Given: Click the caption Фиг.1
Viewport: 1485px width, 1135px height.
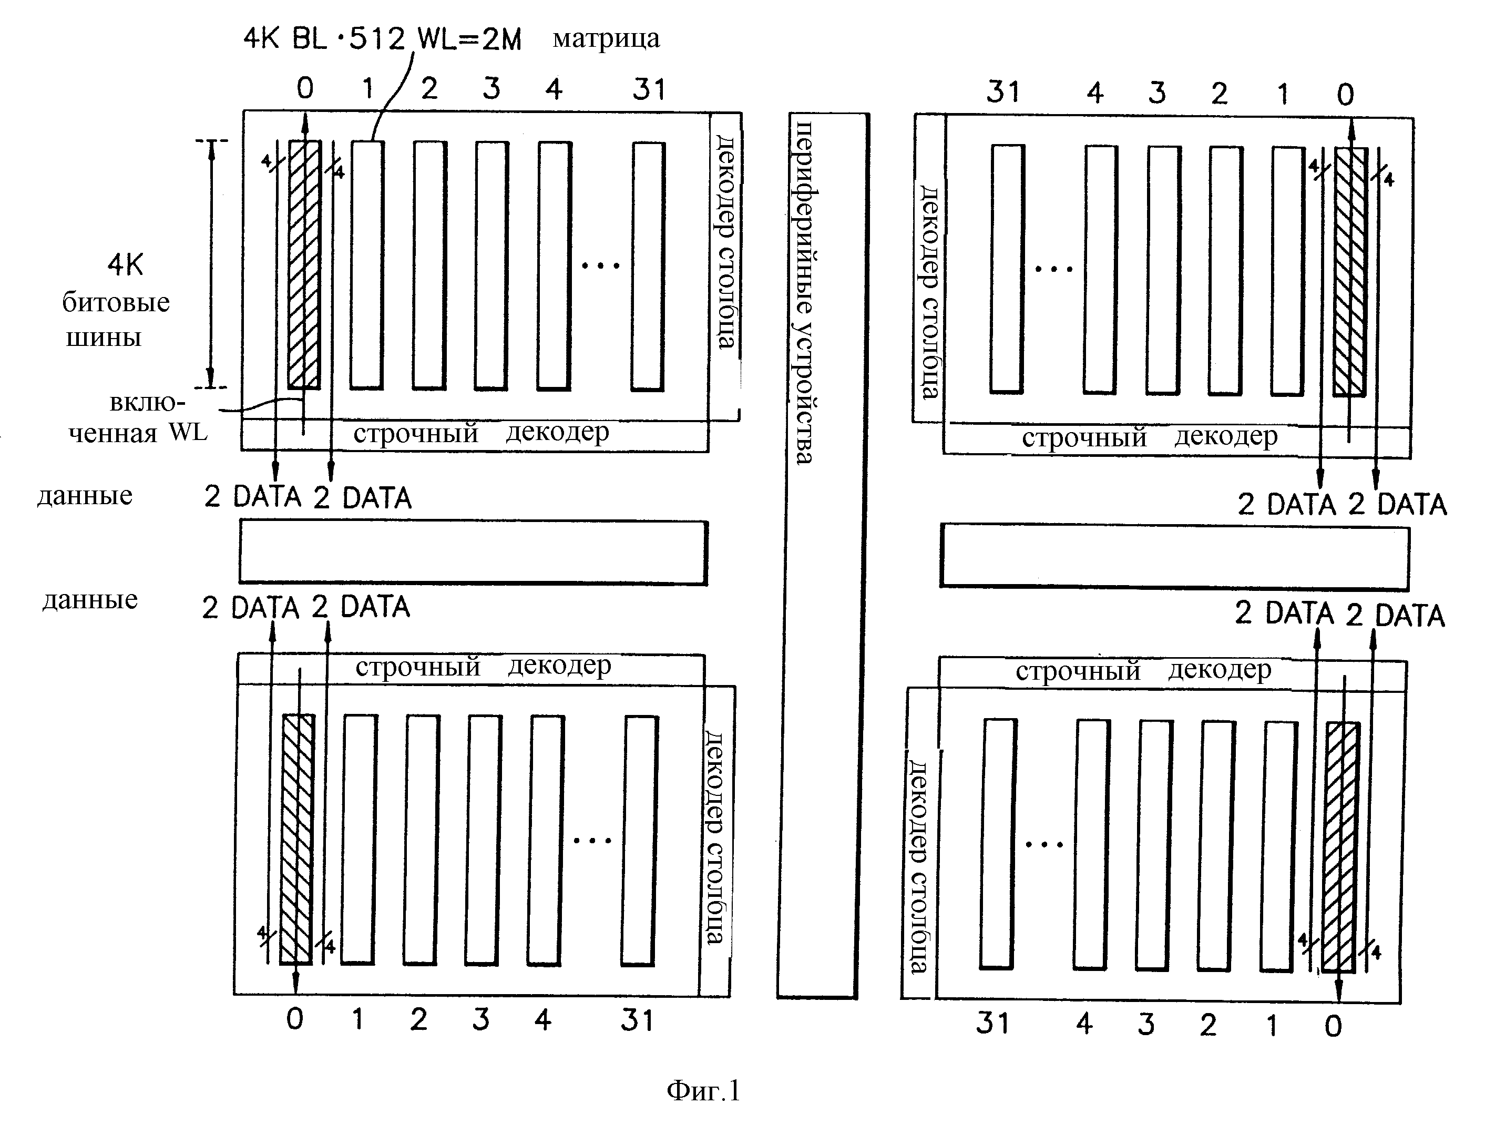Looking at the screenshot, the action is [703, 1090].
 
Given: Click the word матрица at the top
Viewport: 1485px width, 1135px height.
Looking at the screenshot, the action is [606, 38].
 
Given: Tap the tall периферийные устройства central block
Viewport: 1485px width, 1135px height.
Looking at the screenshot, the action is [823, 555].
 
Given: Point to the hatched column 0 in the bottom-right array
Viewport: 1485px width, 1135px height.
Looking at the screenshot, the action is [1340, 848].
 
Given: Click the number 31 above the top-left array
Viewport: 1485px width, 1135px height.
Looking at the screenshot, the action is [649, 89].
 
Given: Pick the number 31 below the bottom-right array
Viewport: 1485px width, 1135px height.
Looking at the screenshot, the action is [992, 1023].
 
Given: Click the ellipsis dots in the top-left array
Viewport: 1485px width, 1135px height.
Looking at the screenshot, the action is [601, 265].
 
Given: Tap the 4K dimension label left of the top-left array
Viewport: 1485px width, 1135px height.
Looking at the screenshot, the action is [126, 265].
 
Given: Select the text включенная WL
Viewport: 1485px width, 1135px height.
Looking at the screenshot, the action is [138, 417].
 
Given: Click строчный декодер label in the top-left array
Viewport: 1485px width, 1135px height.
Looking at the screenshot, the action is [481, 432].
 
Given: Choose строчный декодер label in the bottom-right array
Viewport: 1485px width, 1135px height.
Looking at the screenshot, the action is [1143, 671].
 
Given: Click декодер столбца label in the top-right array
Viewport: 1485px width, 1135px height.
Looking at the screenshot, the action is [930, 292].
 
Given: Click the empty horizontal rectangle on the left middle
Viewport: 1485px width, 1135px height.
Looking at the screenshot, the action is [474, 552].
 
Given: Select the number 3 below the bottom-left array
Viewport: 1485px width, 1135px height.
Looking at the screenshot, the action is [480, 1019].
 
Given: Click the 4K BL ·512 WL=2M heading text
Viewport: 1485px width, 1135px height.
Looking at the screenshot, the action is [382, 39].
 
